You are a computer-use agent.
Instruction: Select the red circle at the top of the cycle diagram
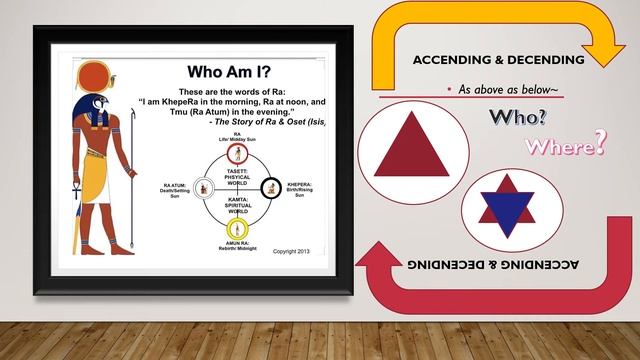pos(238,153)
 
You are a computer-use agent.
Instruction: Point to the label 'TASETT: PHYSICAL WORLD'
pos(238,177)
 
